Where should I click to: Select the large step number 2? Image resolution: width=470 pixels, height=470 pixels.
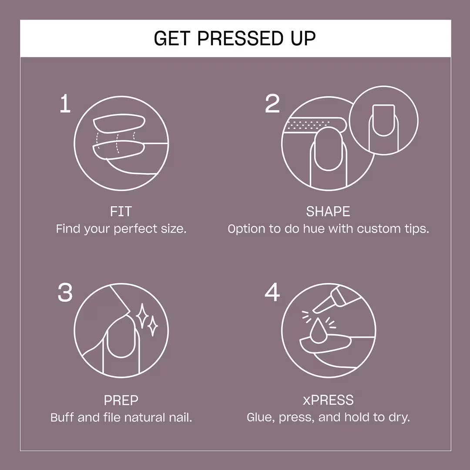point(272,104)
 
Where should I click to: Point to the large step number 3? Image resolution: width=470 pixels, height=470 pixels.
point(65,293)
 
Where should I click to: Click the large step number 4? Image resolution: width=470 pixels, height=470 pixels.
point(272,292)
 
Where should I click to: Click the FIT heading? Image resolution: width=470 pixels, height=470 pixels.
point(121,212)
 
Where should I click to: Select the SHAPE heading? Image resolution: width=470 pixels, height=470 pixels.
point(328,212)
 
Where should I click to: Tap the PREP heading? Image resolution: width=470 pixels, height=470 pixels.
point(121,400)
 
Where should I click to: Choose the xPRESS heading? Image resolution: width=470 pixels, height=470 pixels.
point(328,400)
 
